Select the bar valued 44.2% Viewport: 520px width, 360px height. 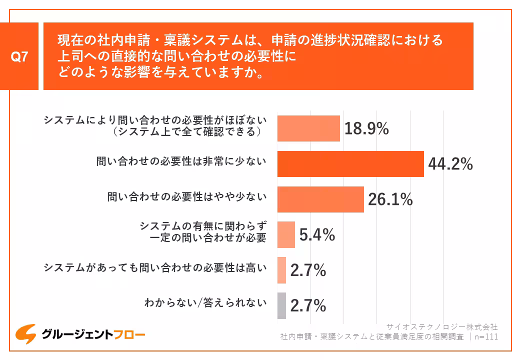[x=350, y=164]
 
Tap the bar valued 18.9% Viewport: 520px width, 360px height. [x=308, y=128]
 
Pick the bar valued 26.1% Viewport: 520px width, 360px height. [x=320, y=199]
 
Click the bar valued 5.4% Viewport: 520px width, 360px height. [x=286, y=234]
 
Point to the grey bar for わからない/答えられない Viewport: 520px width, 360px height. [x=281, y=305]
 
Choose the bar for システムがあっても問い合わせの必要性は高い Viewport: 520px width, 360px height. [x=281, y=270]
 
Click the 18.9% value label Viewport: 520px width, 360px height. [x=366, y=128]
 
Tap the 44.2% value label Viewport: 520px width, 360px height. [x=450, y=164]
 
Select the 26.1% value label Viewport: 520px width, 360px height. [x=390, y=199]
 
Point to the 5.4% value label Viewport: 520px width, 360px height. [x=317, y=234]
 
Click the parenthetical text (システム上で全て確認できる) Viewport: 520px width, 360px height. [x=188, y=132]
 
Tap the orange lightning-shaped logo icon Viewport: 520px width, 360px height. [x=25, y=333]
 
